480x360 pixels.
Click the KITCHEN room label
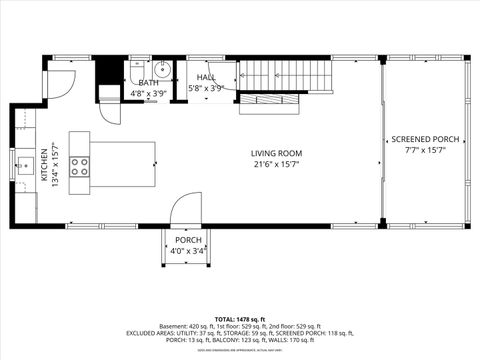(43, 165)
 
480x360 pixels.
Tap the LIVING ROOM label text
(276, 153)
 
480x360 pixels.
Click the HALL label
(206, 77)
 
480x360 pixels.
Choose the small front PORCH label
(188, 240)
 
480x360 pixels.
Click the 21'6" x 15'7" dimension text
(276, 165)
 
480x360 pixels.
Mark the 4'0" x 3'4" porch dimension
(188, 251)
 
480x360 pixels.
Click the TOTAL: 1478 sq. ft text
(240, 319)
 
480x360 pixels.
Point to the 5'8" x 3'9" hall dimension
(206, 88)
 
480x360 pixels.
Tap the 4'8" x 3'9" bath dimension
(148, 94)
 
